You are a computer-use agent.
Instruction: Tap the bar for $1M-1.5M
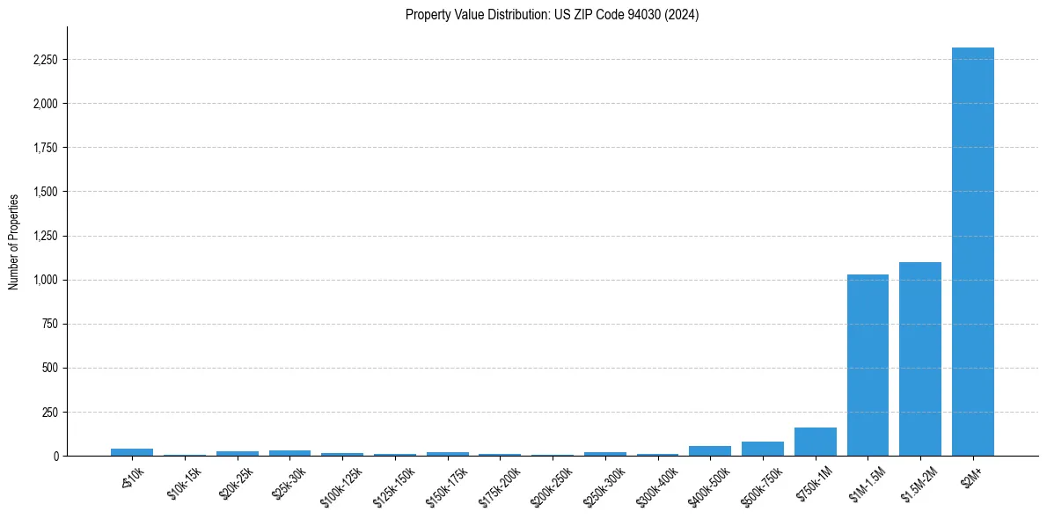pyautogui.click(x=868, y=365)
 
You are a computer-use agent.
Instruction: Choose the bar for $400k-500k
pyautogui.click(x=710, y=450)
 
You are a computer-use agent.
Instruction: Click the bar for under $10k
pyautogui.click(x=132, y=452)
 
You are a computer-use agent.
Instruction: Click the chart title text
pyautogui.click(x=552, y=15)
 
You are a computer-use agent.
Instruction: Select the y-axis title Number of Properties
pyautogui.click(x=14, y=242)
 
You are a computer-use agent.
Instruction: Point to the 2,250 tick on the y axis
pyautogui.click(x=45, y=60)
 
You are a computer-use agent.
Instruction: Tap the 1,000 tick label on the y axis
pyautogui.click(x=45, y=280)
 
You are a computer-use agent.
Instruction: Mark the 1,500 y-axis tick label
pyautogui.click(x=45, y=192)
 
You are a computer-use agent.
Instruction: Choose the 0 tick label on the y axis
pyautogui.click(x=55, y=456)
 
